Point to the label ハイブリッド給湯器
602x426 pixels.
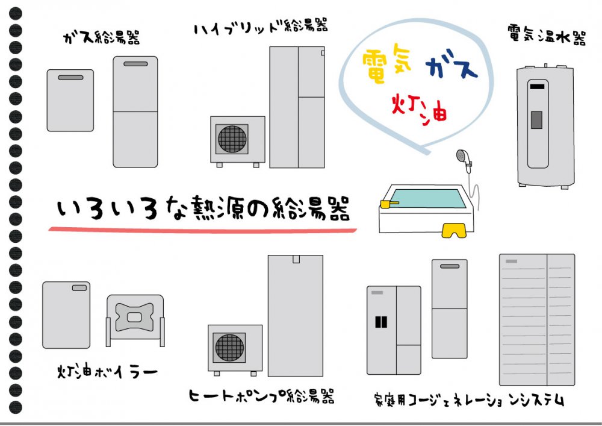pyautogui.click(x=261, y=28)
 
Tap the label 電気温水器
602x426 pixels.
pyautogui.click(x=547, y=37)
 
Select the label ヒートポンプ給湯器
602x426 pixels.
pyautogui.click(x=261, y=396)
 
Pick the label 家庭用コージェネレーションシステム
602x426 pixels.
pyautogui.click(x=468, y=399)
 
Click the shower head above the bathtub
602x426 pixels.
pyautogui.click(x=462, y=156)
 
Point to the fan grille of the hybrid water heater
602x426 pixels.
pyautogui.click(x=232, y=139)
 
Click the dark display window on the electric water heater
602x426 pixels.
pyautogui.click(x=536, y=119)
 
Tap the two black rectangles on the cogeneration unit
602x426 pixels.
pyautogui.click(x=381, y=322)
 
